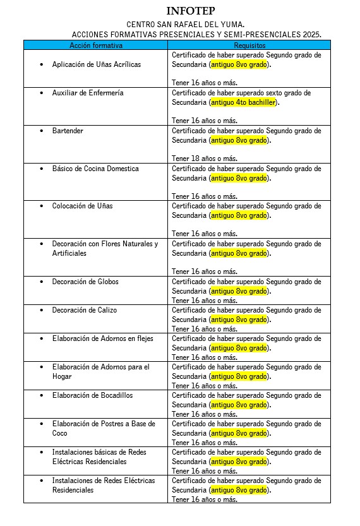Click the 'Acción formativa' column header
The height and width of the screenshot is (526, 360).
(x=96, y=45)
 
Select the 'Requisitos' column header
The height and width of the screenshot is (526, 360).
(x=249, y=45)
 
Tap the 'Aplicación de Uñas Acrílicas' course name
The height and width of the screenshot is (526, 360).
(x=97, y=64)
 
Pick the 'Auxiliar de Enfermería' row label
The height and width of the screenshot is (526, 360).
(x=88, y=93)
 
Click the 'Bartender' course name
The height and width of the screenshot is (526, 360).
(x=68, y=131)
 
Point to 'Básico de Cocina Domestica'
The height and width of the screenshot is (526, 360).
(x=95, y=169)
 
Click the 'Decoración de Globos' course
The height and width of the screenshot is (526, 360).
(x=85, y=282)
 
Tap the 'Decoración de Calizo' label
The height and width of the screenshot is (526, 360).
(x=84, y=310)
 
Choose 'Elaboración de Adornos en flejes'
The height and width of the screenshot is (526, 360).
(x=102, y=338)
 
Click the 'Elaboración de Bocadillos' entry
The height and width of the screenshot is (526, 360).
(x=92, y=395)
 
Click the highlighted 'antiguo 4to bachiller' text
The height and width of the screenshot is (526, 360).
(x=244, y=102)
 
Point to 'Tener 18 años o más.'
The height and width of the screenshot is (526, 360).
(x=205, y=158)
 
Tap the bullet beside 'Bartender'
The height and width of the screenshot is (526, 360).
(x=42, y=131)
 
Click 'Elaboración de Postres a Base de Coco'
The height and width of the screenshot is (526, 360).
(x=104, y=428)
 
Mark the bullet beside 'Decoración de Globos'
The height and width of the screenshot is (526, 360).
(x=42, y=282)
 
